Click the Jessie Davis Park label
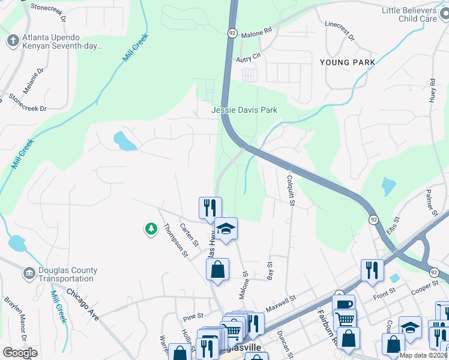[244, 110]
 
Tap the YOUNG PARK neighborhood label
[348, 62]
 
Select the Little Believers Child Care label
[417, 14]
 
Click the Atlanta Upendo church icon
[13, 40]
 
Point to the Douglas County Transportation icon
[29, 274]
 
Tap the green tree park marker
[151, 229]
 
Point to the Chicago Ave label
[82, 302]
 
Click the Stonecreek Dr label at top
[49, 10]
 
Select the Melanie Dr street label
[34, 80]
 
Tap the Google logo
[20, 352]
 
